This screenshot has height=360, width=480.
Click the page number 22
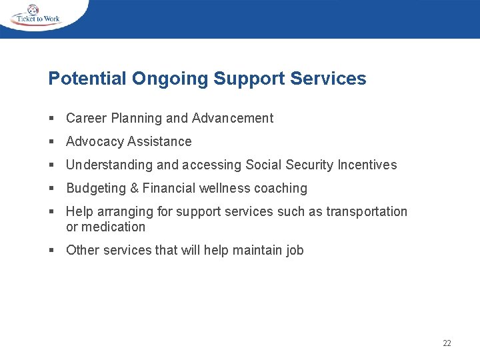[x=447, y=343]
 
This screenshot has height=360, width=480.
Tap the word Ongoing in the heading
[x=170, y=79]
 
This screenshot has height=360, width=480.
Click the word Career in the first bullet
[x=86, y=118]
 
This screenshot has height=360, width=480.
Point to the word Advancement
[x=233, y=118]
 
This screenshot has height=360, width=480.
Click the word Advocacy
[x=95, y=141]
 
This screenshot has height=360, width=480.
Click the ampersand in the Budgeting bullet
[x=134, y=188]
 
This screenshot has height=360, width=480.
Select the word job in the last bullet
[x=295, y=250]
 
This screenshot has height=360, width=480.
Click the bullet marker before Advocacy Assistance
[x=51, y=142]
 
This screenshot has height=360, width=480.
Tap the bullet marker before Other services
[x=51, y=251]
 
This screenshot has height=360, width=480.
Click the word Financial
[x=167, y=188]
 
